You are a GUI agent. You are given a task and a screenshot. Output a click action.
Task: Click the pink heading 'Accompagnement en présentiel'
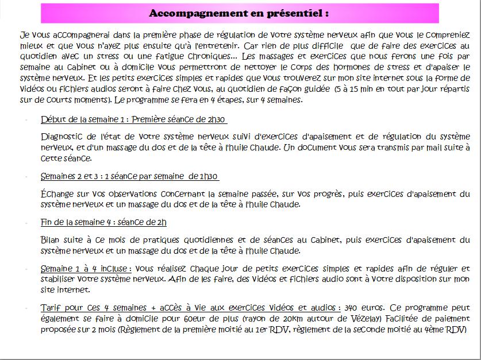(x=239, y=13)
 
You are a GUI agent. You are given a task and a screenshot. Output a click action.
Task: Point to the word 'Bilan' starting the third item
(x=52, y=239)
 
